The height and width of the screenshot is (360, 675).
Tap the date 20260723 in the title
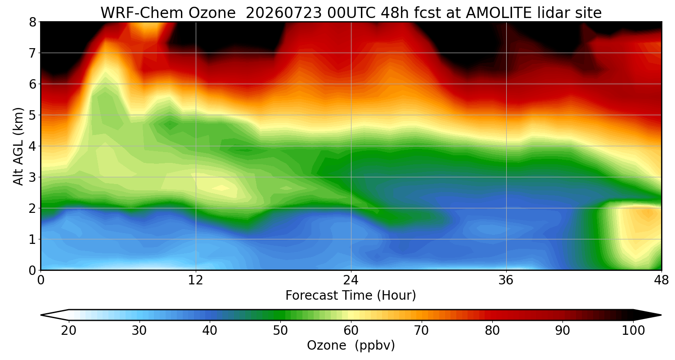coord(284,13)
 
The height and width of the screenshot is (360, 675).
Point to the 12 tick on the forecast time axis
coord(196,280)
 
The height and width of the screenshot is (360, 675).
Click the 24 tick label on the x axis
coord(351,280)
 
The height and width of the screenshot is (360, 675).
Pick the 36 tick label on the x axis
coord(506,280)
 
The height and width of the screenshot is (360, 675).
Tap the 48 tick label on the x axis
coord(661,280)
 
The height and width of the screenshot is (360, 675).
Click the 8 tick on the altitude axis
coord(32,22)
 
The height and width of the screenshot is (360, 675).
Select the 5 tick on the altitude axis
coord(32,115)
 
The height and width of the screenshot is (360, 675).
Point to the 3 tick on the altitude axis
coord(32,177)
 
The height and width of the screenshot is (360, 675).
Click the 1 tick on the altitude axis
coord(32,239)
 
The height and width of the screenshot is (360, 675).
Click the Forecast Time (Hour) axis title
coord(351,296)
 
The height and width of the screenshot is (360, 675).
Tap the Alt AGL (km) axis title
coord(18,146)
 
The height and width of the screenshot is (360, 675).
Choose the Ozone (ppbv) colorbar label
coord(351,346)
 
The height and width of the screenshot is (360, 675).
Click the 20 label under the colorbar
coord(69,331)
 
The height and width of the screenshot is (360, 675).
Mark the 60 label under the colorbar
coord(351,331)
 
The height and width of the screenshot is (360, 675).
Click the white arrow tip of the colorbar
coord(41,315)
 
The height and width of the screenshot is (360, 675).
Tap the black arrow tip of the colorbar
coord(661,315)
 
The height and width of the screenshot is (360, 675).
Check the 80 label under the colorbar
coord(492,331)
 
